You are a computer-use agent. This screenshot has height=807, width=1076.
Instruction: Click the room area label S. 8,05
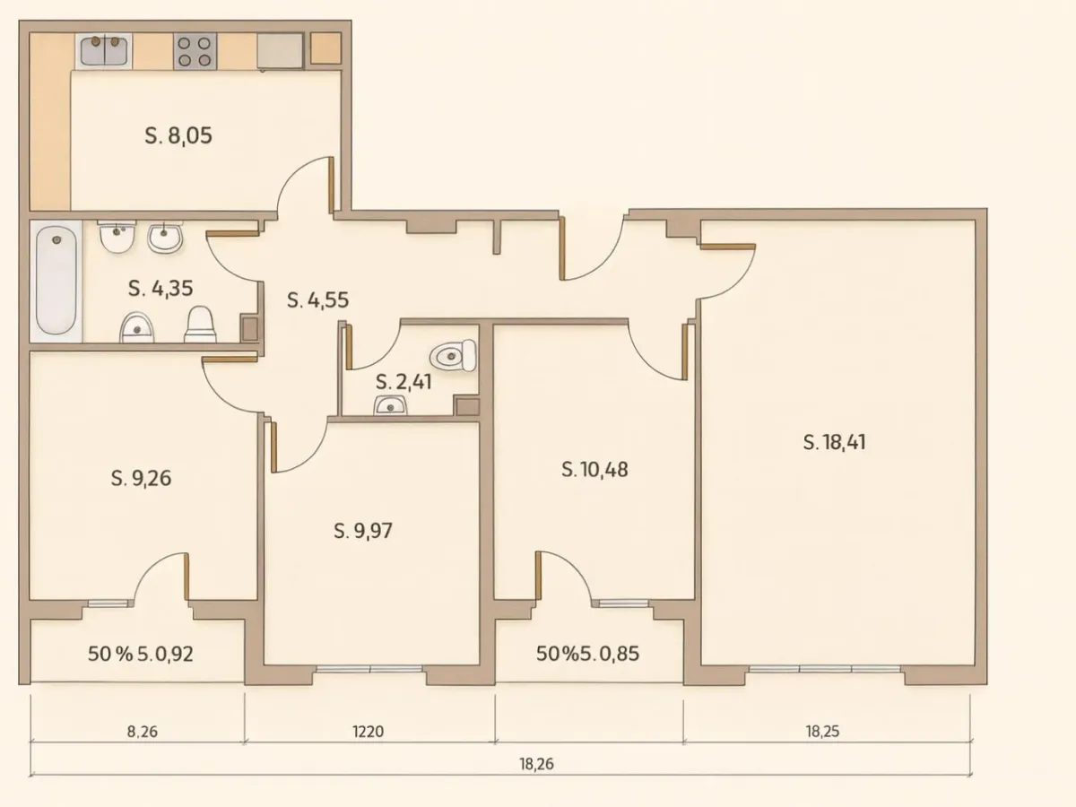click(x=178, y=136)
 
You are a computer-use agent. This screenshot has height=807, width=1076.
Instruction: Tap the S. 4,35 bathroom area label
click(x=161, y=289)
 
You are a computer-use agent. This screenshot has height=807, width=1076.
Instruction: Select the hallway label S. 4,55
click(x=317, y=300)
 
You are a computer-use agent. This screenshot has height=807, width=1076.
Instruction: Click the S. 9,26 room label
click(x=141, y=478)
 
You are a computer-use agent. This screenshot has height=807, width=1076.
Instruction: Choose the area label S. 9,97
click(x=362, y=531)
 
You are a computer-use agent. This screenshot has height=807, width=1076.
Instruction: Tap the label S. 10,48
click(x=594, y=469)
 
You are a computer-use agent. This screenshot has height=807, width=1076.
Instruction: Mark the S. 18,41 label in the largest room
click(x=834, y=442)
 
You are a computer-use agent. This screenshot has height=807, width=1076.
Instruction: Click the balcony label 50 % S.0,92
click(x=141, y=654)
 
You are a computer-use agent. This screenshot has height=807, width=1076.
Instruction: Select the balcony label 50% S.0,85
click(x=587, y=654)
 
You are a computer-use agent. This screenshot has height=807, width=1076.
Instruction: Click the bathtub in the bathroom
click(x=56, y=280)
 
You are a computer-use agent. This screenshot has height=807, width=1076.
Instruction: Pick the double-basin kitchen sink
click(x=105, y=50)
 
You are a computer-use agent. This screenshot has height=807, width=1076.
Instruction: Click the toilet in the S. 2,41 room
click(x=453, y=357)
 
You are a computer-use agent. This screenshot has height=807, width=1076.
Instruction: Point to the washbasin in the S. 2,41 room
click(x=391, y=407)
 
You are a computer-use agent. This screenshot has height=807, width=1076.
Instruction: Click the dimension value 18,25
click(x=822, y=732)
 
